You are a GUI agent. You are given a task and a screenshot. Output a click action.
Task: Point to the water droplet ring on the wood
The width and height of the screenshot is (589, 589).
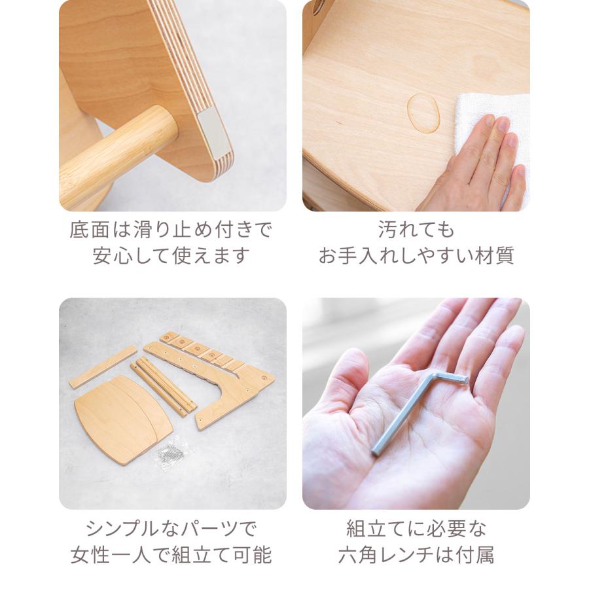[x=423, y=113]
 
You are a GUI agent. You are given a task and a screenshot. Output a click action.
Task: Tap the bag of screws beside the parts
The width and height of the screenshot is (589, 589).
[x=171, y=452]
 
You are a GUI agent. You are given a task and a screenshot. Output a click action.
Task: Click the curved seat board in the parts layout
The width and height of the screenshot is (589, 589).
[x=123, y=419]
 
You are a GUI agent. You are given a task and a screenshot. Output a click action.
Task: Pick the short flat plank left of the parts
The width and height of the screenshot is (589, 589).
[x=103, y=367]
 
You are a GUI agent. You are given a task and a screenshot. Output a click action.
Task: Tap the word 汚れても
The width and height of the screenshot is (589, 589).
[x=416, y=230]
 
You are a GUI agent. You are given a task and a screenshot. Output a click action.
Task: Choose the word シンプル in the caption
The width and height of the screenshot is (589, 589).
[x=123, y=529]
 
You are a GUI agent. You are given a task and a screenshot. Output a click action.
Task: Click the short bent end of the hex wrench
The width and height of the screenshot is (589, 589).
[x=451, y=378]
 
